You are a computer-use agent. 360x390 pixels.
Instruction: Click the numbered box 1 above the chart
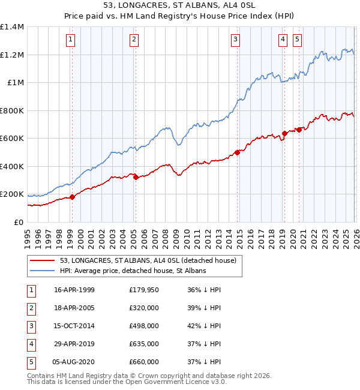click(x=71, y=40)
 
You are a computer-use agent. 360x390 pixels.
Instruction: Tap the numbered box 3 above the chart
click(x=235, y=40)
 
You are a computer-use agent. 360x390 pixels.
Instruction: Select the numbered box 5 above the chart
click(x=297, y=40)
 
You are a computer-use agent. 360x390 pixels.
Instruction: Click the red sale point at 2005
click(x=136, y=177)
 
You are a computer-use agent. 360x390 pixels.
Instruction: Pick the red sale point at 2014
click(x=237, y=152)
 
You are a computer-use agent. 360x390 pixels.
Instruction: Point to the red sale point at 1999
click(x=72, y=197)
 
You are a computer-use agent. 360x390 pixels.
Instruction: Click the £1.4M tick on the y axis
click(x=12, y=27)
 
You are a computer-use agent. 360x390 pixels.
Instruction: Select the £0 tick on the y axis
click(x=19, y=222)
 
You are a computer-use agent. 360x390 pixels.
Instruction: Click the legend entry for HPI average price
click(x=133, y=271)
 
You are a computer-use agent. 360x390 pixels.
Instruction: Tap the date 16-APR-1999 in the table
click(x=74, y=290)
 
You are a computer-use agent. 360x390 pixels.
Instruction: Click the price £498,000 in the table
click(x=144, y=326)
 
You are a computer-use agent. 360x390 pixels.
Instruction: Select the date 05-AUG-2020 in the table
click(x=74, y=362)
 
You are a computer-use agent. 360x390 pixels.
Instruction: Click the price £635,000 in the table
click(x=144, y=344)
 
